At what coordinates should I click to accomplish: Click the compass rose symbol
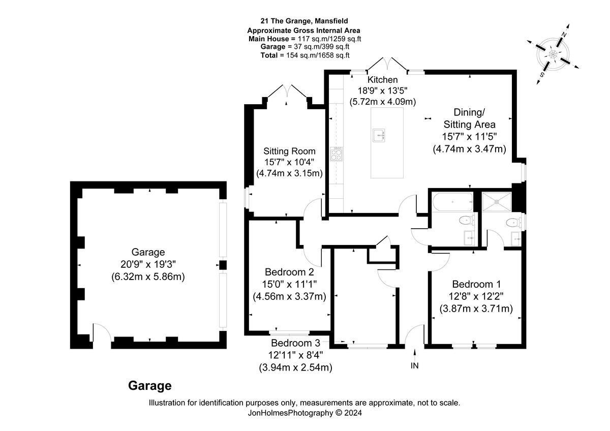point(553,54)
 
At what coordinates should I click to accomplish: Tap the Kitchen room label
point(382,80)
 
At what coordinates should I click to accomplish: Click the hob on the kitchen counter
point(337,153)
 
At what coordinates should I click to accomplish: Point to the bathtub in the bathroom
point(452,202)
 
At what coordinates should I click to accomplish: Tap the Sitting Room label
point(289,151)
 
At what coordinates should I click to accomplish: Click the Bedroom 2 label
point(289,271)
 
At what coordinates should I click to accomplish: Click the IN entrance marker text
point(415,365)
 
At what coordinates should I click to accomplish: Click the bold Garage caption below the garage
point(149,386)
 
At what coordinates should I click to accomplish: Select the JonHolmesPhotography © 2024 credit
point(304,413)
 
